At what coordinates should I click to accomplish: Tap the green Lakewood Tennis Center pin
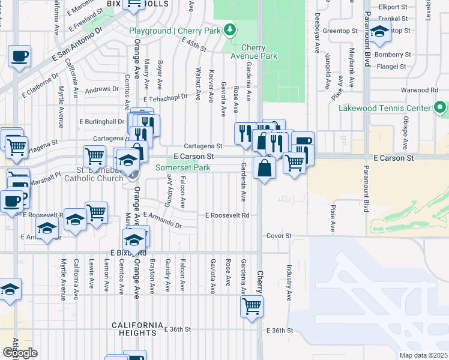click(x=440, y=108)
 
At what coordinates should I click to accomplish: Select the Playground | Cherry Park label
click(x=174, y=31)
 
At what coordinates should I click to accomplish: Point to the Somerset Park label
click(x=183, y=168)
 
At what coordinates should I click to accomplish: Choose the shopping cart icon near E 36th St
click(x=252, y=305)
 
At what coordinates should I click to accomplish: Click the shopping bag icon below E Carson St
click(x=264, y=167)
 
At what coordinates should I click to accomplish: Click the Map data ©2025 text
click(x=423, y=355)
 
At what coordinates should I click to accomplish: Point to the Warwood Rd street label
click(x=420, y=90)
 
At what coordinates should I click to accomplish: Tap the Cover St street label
click(x=279, y=236)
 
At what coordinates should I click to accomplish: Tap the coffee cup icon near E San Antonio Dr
click(x=20, y=56)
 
